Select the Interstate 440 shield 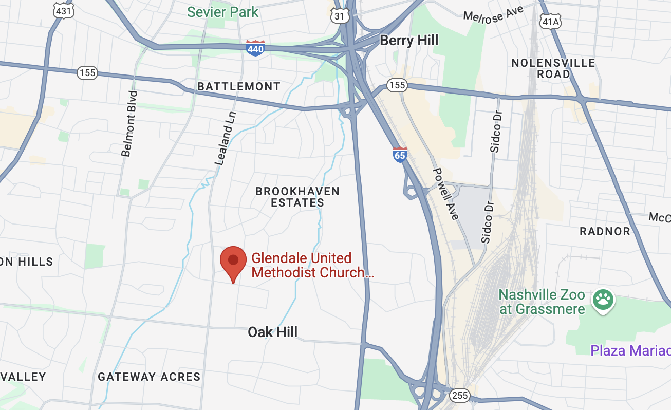click(255, 48)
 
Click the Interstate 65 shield click(400, 154)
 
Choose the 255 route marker click(459, 395)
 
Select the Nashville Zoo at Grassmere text click(542, 302)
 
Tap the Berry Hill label click(409, 41)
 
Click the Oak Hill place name click(272, 332)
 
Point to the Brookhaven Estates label click(297, 197)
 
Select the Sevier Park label click(222, 11)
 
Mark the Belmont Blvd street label click(129, 123)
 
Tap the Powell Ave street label click(445, 194)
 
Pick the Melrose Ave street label click(494, 14)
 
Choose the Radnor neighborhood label click(605, 231)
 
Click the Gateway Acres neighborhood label click(149, 377)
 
